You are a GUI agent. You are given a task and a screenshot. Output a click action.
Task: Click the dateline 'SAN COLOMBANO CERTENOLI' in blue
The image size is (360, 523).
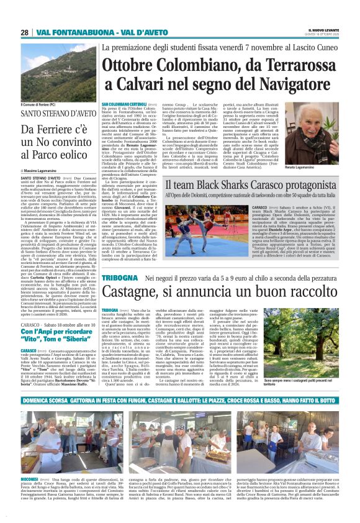(x=120, y=103)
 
